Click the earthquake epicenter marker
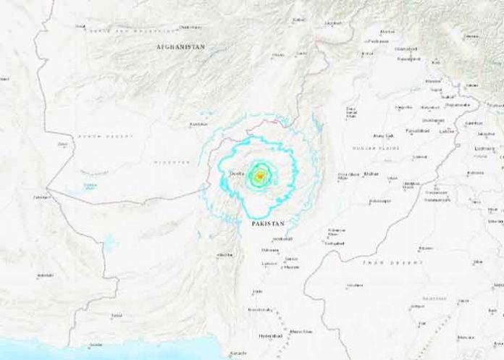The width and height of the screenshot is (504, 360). [x=259, y=175]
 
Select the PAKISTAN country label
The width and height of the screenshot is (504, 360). [x=269, y=226]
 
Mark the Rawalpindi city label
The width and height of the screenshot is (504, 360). [x=408, y=57]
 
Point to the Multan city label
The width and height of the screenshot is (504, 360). [x=371, y=174]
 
